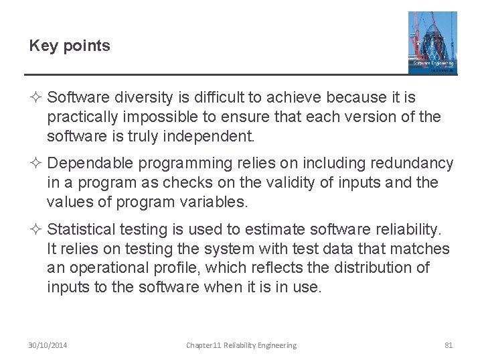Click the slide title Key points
(x=70, y=46)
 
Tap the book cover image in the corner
(x=432, y=42)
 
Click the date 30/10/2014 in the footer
(x=48, y=345)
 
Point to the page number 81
(x=449, y=345)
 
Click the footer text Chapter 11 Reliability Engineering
(x=241, y=345)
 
